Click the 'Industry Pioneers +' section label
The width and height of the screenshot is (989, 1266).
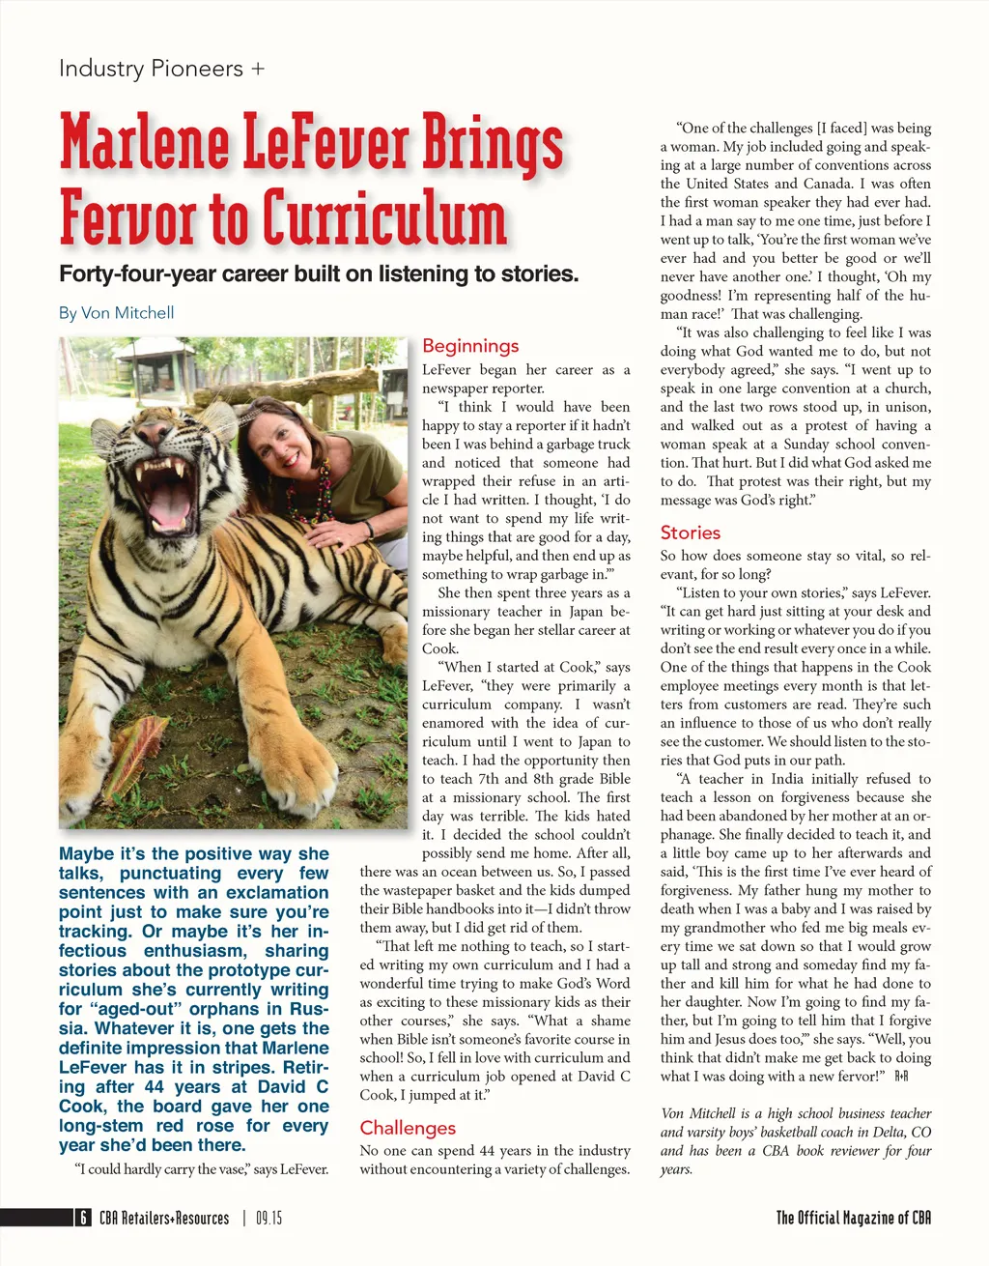pos(161,70)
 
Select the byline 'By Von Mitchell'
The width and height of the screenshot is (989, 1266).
pos(116,313)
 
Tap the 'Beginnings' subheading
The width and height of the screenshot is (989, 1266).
pos(470,346)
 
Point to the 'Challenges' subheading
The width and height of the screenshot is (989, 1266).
pos(408,1128)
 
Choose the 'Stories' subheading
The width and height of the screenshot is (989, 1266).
pos(691,532)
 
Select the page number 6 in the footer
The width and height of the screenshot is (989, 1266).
pos(84,1218)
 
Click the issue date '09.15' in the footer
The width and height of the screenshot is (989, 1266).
pos(269,1219)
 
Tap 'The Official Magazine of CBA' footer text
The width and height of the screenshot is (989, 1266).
pos(854,1218)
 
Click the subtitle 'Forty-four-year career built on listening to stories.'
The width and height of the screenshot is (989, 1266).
pos(319,274)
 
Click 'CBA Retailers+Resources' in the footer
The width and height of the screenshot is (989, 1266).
pos(164,1219)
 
